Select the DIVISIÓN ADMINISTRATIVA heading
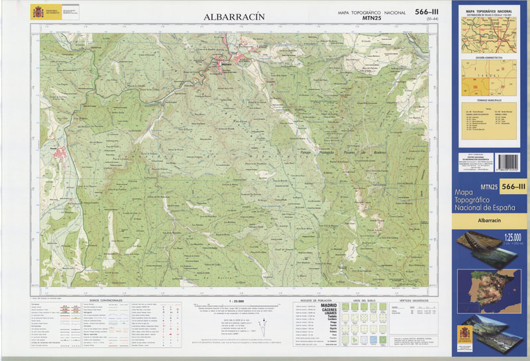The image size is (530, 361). click(x=489, y=58)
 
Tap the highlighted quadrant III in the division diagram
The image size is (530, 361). click(x=474, y=86)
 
